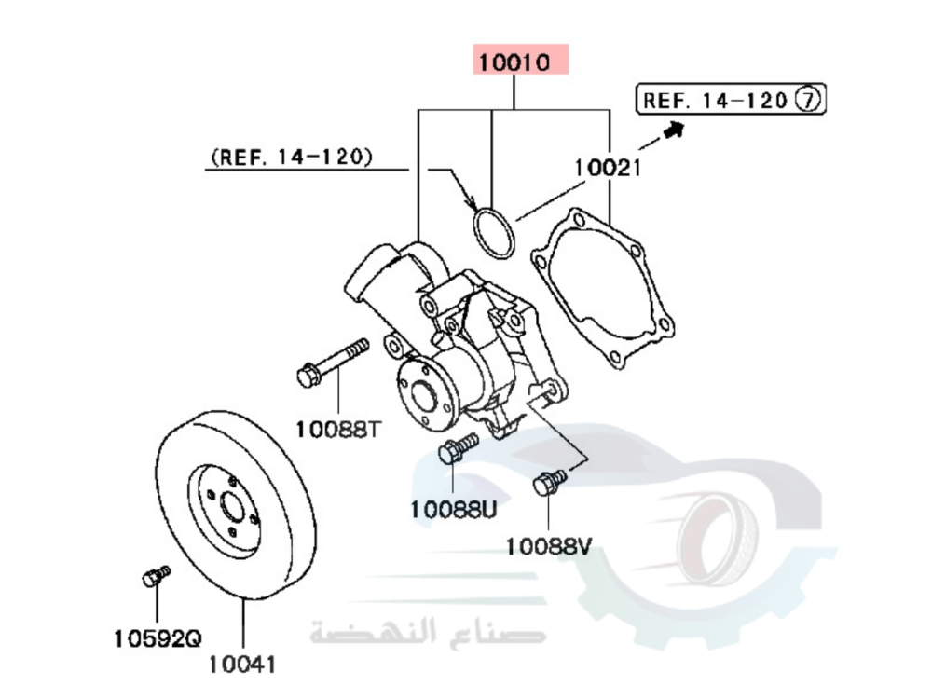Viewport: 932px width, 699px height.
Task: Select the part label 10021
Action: click(608, 168)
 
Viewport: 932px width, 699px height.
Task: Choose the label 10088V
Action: click(549, 545)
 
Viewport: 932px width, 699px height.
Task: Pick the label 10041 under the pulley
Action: click(241, 665)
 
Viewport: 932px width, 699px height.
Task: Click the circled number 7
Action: click(807, 100)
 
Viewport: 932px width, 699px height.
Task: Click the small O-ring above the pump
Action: click(492, 234)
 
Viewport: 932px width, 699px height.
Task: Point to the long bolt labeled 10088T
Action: click(332, 363)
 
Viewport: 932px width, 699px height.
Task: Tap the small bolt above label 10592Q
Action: click(156, 576)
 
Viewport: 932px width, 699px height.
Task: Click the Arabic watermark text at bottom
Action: click(428, 633)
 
